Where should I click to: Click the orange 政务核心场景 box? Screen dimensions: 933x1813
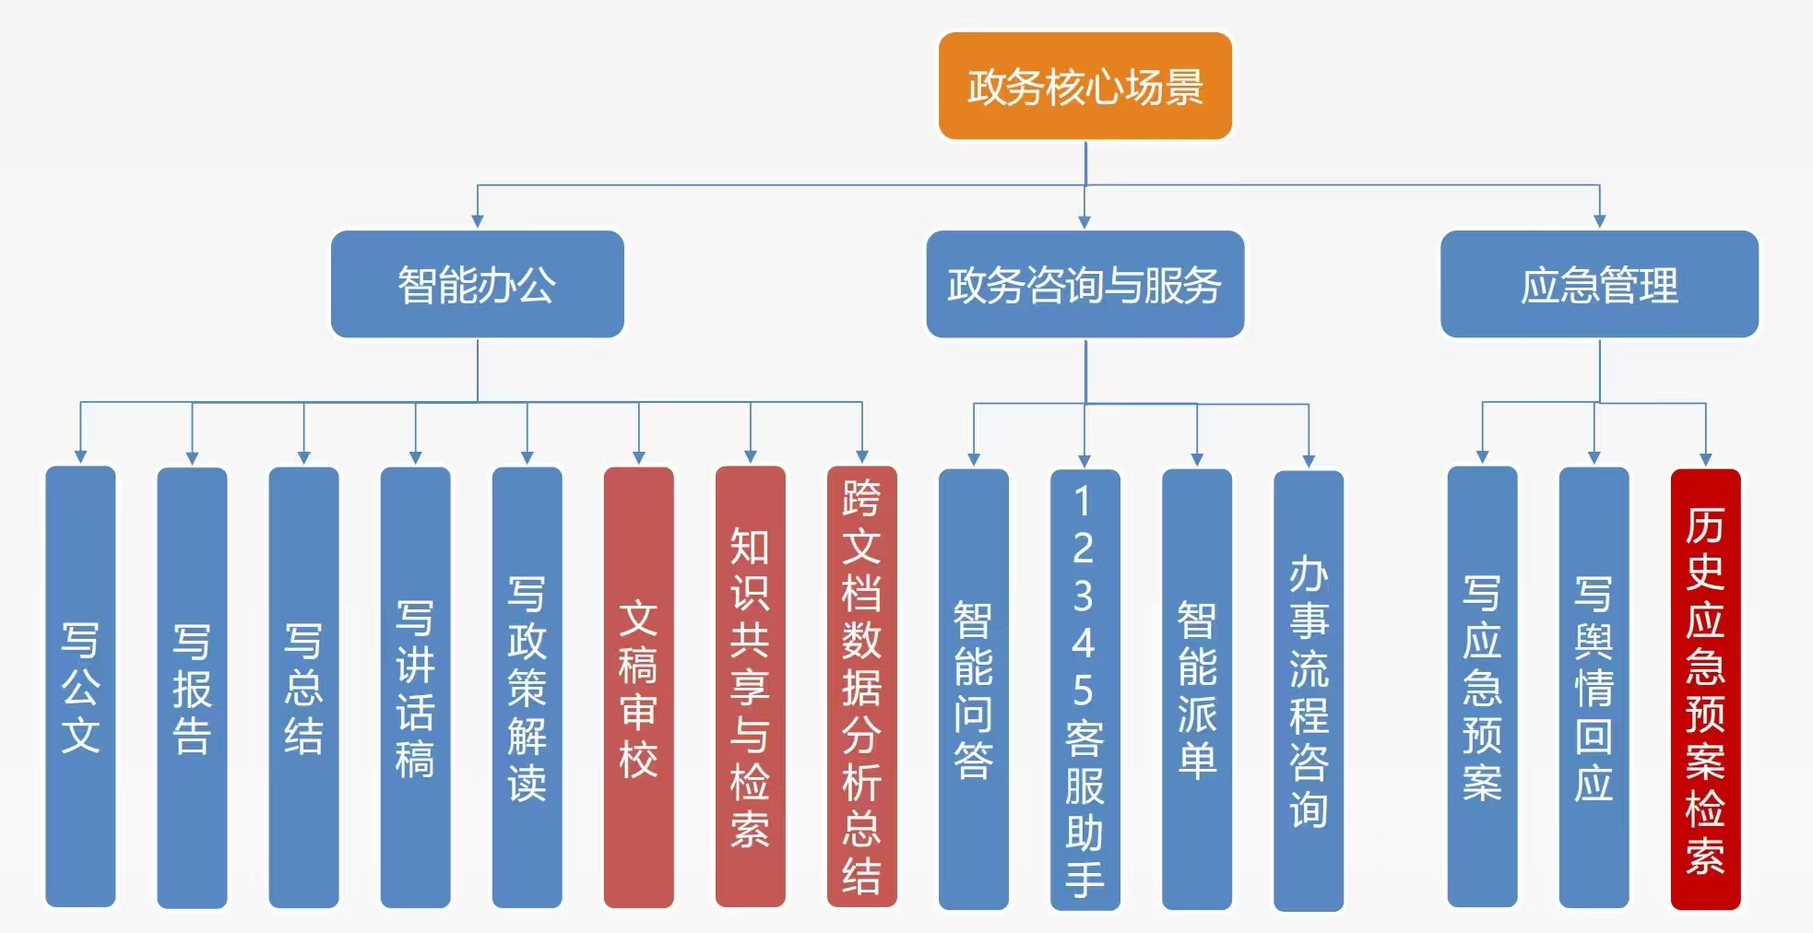click(1084, 86)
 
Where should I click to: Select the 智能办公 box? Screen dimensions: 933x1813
click(477, 284)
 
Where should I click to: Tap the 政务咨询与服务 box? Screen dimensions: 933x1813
click(1084, 284)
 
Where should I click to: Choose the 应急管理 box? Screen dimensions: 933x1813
click(1599, 284)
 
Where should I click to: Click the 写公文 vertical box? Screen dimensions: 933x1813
click(80, 687)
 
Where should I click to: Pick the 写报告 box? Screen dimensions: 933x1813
click(192, 687)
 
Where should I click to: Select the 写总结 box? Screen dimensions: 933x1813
click(303, 687)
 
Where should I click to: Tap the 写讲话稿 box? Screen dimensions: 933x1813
click(415, 687)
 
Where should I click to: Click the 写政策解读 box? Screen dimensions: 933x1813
click(527, 687)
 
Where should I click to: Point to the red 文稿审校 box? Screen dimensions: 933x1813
click(638, 687)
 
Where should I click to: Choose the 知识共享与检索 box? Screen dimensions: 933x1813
click(750, 687)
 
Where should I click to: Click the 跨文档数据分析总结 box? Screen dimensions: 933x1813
click(861, 687)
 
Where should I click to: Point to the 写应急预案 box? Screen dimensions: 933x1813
click(1482, 687)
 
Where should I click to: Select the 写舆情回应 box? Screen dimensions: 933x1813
click(1594, 687)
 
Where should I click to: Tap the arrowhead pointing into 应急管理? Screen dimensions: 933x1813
click(1599, 221)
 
